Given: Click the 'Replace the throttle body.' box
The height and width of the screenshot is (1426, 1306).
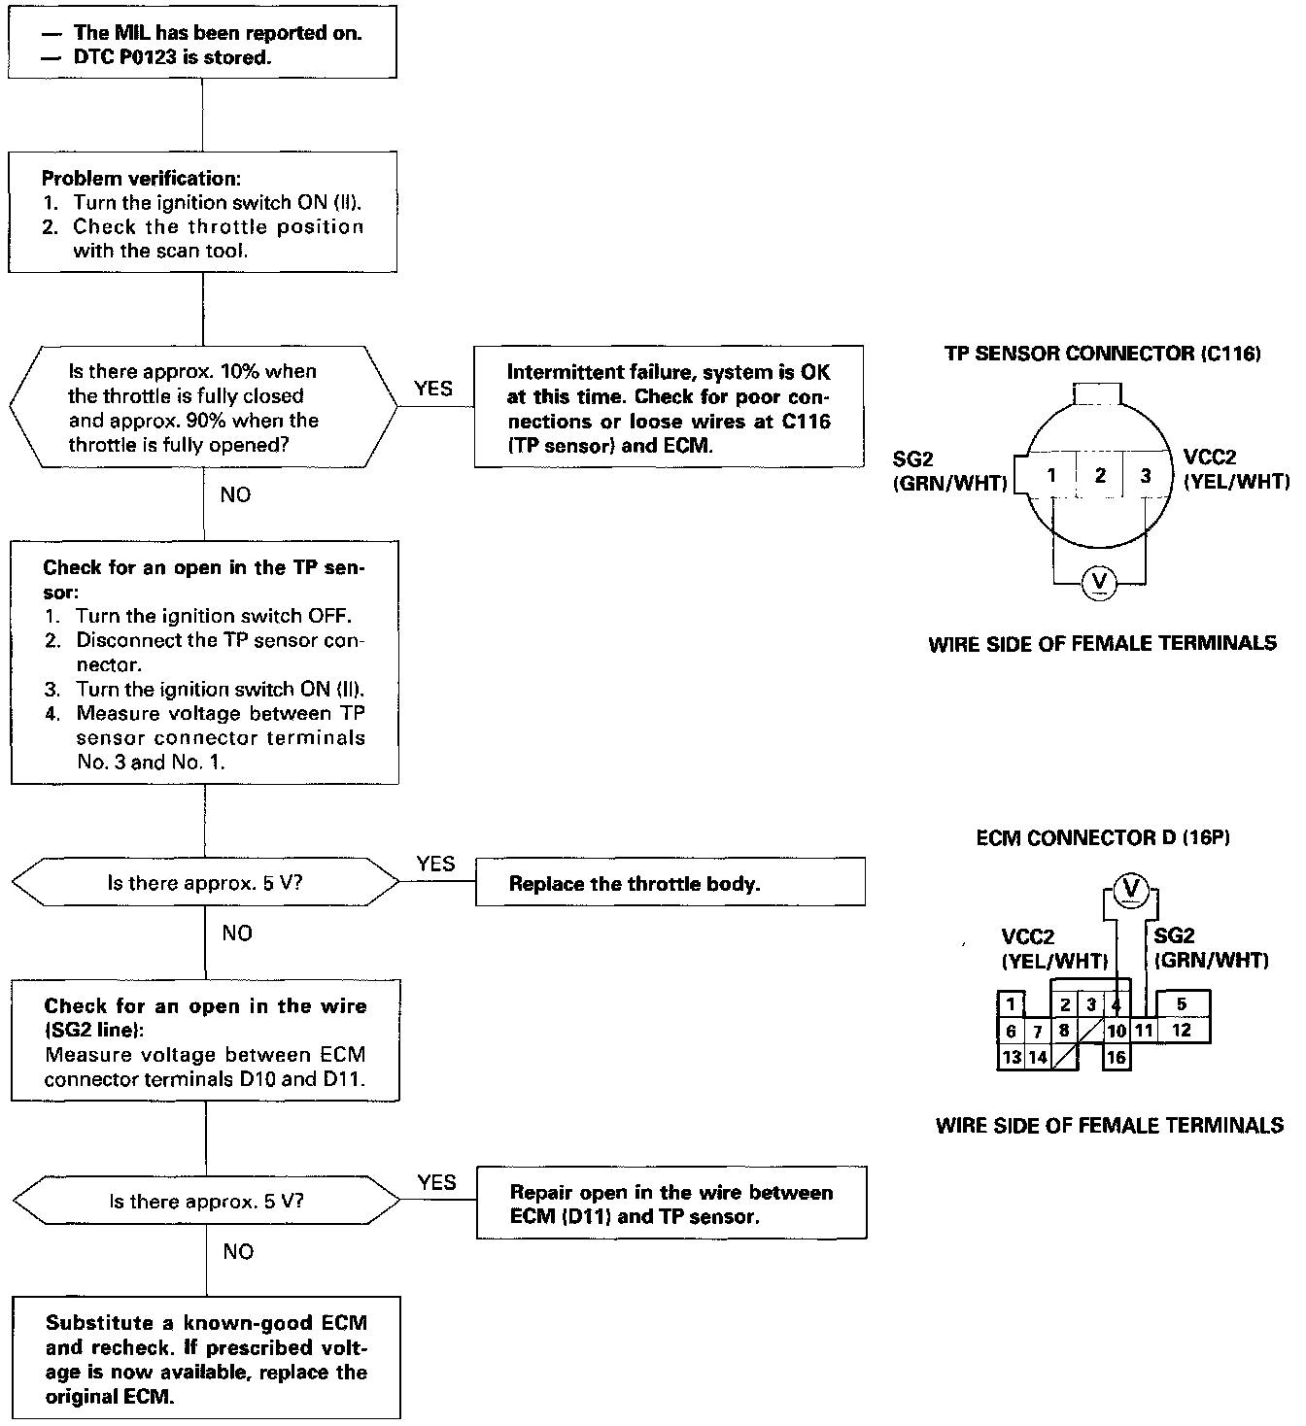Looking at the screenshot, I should pos(670,883).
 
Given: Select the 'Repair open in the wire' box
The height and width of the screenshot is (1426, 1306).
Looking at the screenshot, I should pos(670,1204).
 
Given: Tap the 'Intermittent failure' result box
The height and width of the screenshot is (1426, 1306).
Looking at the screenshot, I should pos(669,408).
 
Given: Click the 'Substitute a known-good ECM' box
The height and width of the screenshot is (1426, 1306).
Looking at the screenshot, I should pos(206,1358).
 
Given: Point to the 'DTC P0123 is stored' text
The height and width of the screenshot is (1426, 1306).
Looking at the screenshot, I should pos(172,57).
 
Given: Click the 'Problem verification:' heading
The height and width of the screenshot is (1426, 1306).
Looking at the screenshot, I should pos(141,179).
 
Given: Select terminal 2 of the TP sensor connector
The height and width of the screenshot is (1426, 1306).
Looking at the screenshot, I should pos(1100,475).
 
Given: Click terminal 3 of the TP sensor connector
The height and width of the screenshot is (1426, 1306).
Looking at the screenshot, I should pos(1145,475).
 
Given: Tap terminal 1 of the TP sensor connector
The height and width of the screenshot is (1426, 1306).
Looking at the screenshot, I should pos(1051,475).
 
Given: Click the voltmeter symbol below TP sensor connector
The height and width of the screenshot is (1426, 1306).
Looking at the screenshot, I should pos(1100,582).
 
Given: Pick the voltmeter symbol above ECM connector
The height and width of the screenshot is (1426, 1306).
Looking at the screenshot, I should pos(1130,887).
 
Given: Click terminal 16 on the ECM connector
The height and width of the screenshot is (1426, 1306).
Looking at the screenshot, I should pos(1117,1057).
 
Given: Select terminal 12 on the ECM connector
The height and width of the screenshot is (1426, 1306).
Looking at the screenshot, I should pos(1181,1030).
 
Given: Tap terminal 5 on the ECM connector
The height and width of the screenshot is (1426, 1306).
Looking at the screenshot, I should pos(1181,1004).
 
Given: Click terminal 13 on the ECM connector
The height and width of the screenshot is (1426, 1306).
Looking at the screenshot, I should pos(1011,1057).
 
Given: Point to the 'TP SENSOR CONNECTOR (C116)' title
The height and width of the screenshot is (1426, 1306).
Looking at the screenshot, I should pos(1102,354).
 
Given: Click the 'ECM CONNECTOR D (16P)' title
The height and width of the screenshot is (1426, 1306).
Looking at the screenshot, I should pos(1103,837).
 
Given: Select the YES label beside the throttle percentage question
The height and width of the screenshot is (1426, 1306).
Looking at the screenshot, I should pos(433,389).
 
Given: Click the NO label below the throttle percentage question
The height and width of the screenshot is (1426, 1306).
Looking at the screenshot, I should pos(235,494).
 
